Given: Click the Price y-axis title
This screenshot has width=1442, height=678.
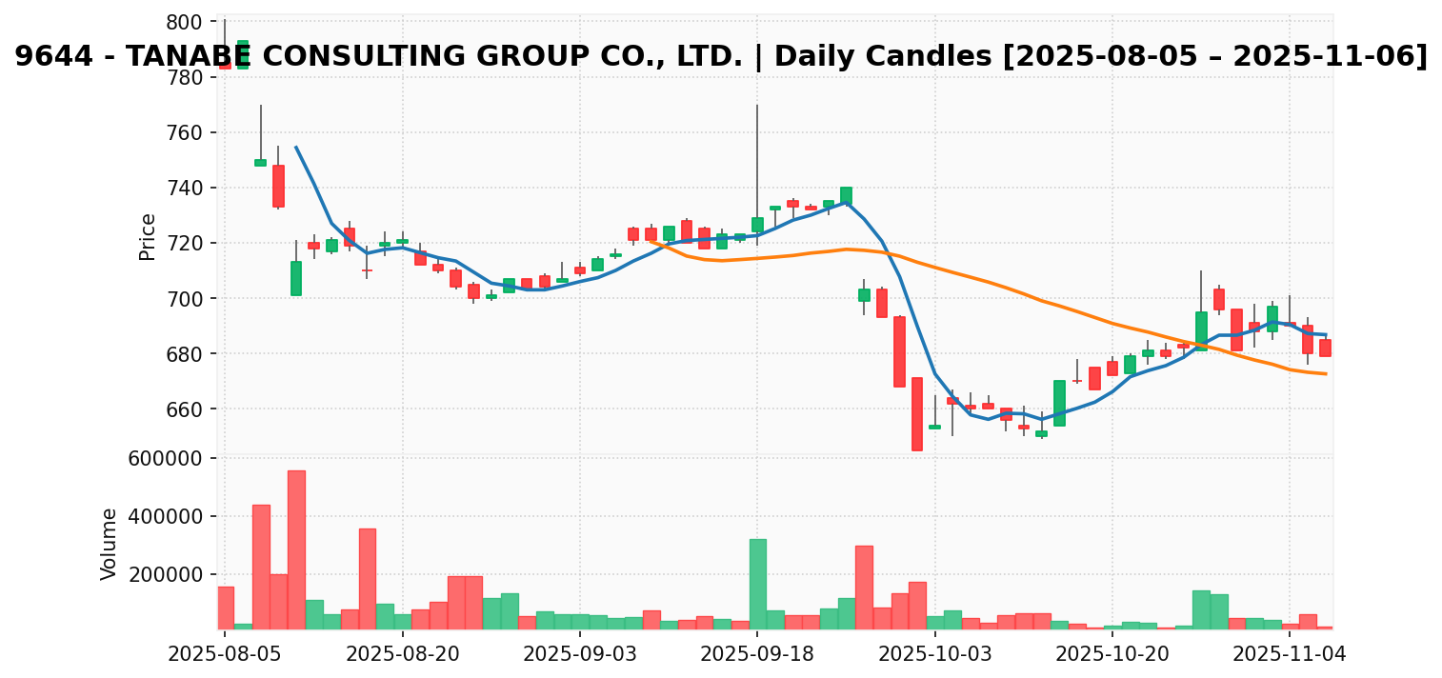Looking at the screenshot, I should [148, 236].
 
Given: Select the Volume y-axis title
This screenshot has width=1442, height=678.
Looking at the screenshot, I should [110, 544].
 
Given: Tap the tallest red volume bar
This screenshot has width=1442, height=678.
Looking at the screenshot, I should [296, 549].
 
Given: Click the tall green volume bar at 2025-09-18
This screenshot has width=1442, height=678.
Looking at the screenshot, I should [757, 584].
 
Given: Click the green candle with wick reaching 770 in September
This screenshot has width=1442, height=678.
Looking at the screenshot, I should [757, 225].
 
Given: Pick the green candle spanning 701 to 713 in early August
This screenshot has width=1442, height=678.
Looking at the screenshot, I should [296, 278].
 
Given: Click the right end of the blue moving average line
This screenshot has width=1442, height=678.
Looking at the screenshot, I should [1326, 334].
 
